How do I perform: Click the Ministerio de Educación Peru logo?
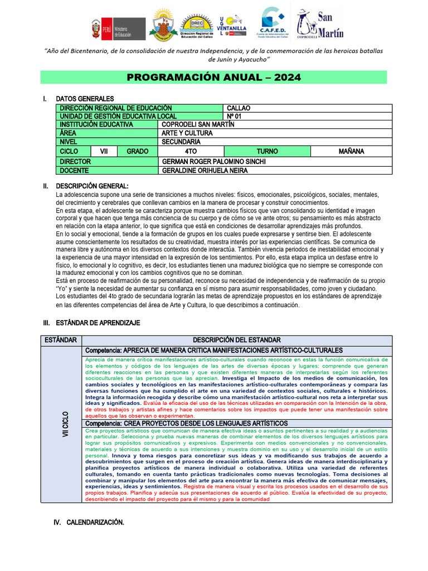pyautogui.click(x=118, y=28)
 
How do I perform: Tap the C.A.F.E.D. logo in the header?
pyautogui.click(x=274, y=23)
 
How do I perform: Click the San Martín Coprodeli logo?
pyautogui.click(x=316, y=25)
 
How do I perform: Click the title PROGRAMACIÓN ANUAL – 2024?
pyautogui.click(x=214, y=78)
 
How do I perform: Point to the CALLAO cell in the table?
pyautogui.click(x=239, y=108)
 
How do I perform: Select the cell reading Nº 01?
pyautogui.click(x=236, y=116)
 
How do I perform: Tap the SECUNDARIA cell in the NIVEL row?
pyautogui.click(x=181, y=142)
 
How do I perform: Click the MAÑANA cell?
pyautogui.click(x=351, y=151)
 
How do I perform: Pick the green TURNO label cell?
pyautogui.click(x=267, y=151)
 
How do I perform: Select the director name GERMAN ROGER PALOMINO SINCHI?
pyautogui.click(x=213, y=161)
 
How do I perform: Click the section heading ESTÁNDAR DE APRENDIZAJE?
pyautogui.click(x=97, y=323)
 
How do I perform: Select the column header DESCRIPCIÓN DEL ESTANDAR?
pyautogui.click(x=237, y=340)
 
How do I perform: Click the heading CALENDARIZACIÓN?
pyautogui.click(x=95, y=522)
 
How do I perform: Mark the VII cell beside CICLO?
pyautogui.click(x=104, y=151)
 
